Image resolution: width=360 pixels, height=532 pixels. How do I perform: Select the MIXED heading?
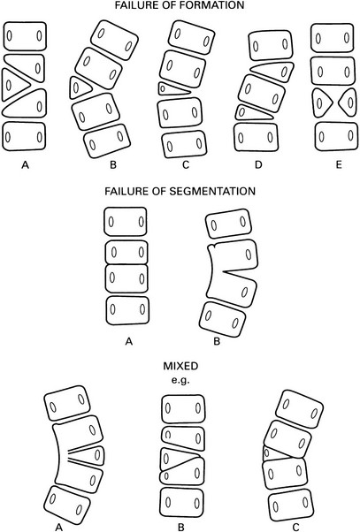[180, 367]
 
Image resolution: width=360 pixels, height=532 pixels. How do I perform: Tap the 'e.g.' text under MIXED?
[180, 380]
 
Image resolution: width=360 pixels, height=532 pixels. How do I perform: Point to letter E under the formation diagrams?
[338, 165]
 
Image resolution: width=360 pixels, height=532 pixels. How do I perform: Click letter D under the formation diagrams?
[259, 165]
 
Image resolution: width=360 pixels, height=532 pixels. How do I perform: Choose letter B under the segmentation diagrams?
[217, 341]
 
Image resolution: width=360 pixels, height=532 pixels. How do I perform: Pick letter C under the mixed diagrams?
[295, 527]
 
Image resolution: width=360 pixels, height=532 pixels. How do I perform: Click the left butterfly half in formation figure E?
[322, 103]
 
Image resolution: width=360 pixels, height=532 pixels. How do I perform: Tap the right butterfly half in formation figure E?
[349, 103]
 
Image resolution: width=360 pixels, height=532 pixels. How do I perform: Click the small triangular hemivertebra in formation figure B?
[79, 87]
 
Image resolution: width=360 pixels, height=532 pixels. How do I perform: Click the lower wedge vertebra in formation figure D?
[251, 113]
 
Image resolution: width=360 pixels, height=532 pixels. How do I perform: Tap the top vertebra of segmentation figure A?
[126, 222]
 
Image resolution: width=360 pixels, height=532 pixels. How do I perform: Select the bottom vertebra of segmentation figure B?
[222, 320]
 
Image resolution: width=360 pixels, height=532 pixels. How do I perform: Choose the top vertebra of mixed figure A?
[67, 403]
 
